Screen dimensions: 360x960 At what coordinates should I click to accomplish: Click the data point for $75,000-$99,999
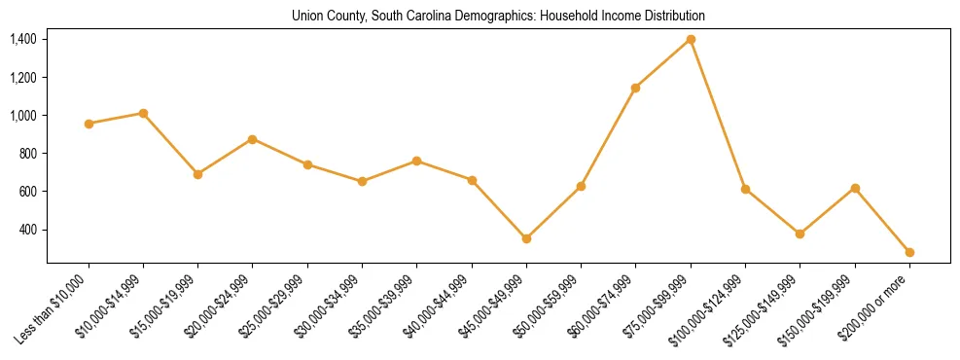691,39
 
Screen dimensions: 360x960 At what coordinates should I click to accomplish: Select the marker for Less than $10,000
89,124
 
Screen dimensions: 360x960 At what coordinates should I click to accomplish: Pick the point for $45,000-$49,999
526,238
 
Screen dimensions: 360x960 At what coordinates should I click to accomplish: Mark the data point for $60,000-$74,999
636,88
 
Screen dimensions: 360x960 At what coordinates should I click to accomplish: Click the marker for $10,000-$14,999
143,113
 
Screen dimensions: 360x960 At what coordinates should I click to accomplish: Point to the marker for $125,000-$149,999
800,234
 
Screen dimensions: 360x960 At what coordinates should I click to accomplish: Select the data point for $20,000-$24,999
253,139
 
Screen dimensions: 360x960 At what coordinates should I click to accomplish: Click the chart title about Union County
498,17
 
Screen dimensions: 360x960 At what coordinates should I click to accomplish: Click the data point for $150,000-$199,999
855,188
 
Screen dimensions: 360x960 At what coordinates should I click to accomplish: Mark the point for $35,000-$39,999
417,161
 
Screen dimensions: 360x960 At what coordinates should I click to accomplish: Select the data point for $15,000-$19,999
197,174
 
